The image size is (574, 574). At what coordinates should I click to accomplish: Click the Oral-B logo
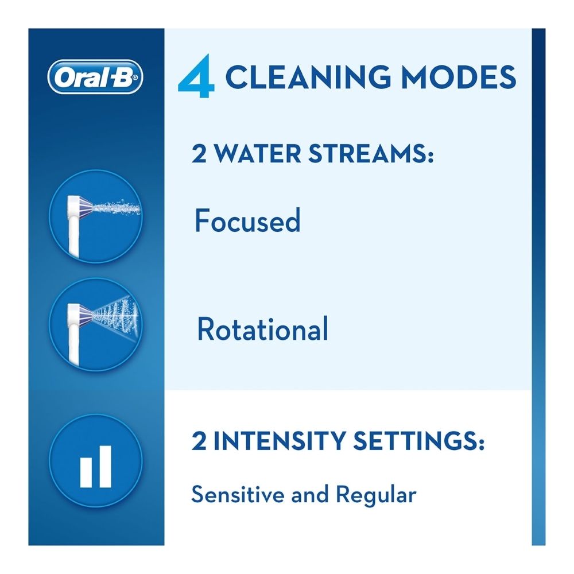[95, 77]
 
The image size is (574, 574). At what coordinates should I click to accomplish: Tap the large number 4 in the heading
[196, 76]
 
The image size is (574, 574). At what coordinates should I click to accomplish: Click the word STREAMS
[370, 153]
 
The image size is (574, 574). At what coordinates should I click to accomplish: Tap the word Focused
[247, 220]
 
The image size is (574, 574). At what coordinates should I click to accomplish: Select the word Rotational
[262, 328]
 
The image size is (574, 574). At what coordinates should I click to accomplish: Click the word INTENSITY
[279, 440]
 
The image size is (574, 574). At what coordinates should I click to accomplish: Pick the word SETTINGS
[418, 440]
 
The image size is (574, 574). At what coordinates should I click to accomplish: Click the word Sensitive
[238, 494]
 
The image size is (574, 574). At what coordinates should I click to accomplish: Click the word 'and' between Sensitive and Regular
[310, 495]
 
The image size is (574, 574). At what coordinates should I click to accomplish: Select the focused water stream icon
[95, 216]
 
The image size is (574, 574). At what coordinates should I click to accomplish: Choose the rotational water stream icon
[95, 324]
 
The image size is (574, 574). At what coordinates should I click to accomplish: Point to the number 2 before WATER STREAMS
[199, 154]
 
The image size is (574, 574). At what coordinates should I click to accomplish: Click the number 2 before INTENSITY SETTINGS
[199, 441]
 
